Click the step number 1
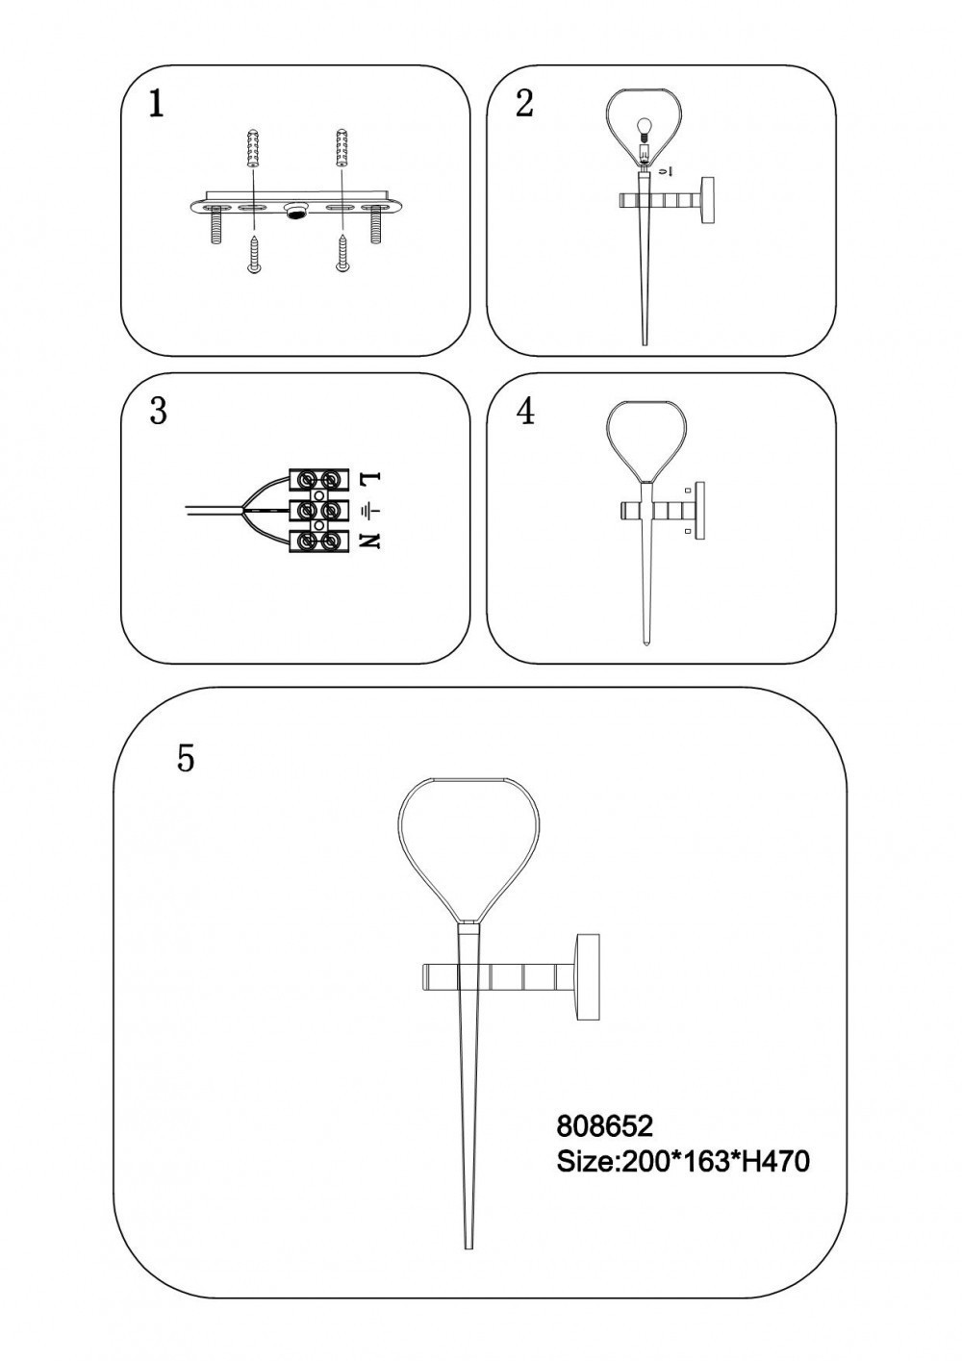pos(157,105)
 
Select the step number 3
pos(158,412)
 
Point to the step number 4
pos(525,412)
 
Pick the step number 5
pos(186,758)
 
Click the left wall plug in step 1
pos(253,146)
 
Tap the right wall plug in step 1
pos(342,146)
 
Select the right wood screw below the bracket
pos(342,253)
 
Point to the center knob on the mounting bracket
pos(297,212)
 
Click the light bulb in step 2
pos(643,130)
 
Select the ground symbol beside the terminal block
pos(370,511)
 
